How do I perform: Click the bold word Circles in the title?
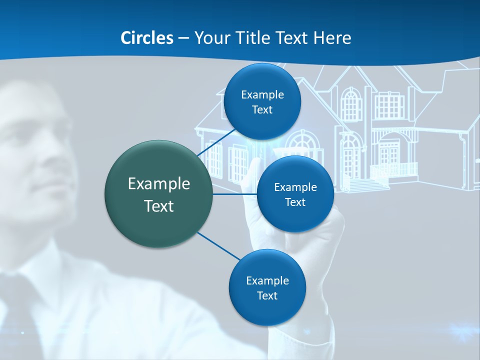tap(147, 38)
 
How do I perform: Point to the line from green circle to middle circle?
tap(235, 194)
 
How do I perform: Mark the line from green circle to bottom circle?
tap(217, 246)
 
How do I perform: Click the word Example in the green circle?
tap(159, 184)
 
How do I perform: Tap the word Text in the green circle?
tap(159, 206)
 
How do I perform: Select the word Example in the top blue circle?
tap(262, 95)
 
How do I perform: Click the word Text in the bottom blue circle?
tap(267, 296)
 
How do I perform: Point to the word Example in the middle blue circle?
tap(295, 187)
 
